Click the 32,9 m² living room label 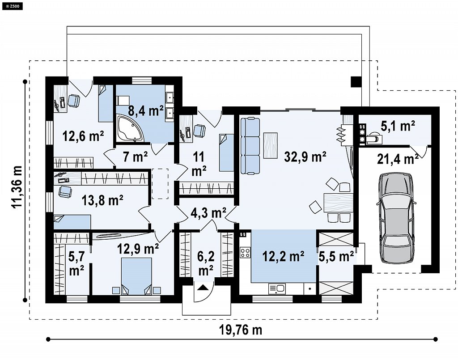tap(305, 157)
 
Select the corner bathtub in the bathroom tap(130, 128)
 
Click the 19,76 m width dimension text tap(240, 330)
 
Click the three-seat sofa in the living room tap(250, 146)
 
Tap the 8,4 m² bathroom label tap(146, 111)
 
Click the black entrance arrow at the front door tap(204, 288)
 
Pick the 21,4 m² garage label tap(398, 159)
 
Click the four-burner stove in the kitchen tap(245, 253)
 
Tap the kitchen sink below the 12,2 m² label tap(277, 289)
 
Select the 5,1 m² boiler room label tap(398, 126)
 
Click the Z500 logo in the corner tap(12, 5)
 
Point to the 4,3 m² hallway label tap(208, 213)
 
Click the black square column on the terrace tap(356, 81)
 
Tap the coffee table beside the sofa tap(271, 145)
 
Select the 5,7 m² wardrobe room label tap(76, 264)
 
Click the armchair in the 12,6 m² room tap(74, 101)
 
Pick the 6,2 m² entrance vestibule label tap(206, 263)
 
